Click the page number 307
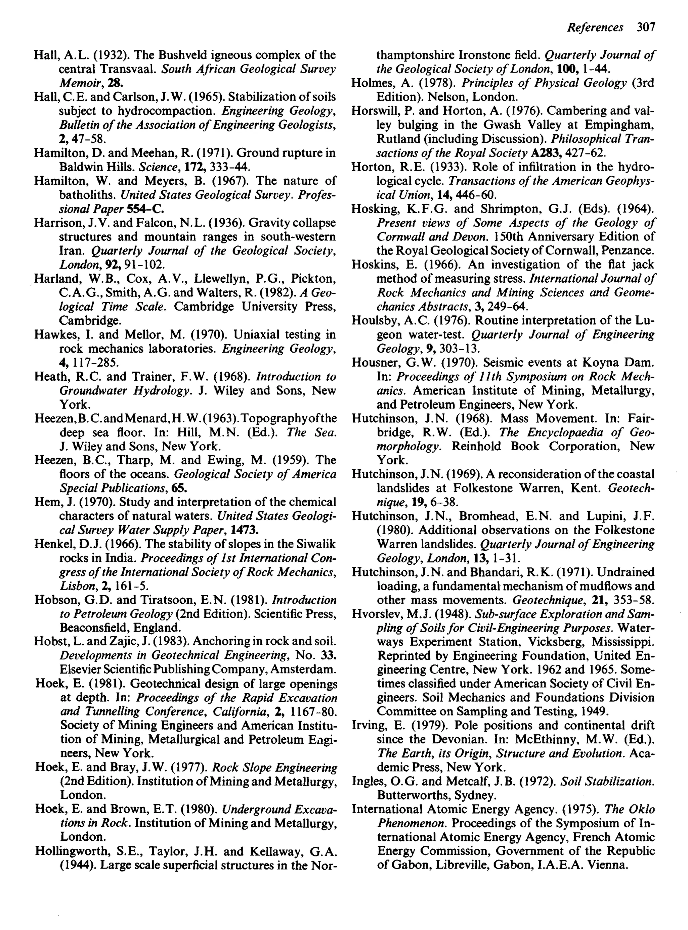click(x=646, y=28)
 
